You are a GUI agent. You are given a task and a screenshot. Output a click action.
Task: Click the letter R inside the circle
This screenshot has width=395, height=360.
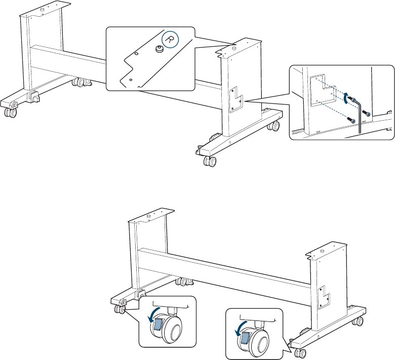[170, 40]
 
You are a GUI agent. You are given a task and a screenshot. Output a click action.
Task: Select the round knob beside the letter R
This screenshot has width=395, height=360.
[159, 49]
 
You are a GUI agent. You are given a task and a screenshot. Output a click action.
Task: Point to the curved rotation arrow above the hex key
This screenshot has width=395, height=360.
[346, 98]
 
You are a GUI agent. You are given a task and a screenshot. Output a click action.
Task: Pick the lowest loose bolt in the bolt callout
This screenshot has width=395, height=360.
[351, 120]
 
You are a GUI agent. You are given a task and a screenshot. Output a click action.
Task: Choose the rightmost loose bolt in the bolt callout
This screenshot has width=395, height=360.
[366, 113]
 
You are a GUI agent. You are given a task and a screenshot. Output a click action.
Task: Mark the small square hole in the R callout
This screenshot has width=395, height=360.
[136, 53]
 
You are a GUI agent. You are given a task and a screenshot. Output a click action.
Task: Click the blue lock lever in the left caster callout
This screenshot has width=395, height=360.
[157, 324]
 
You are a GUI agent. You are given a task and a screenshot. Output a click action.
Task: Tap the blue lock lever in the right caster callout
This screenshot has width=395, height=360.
[245, 338]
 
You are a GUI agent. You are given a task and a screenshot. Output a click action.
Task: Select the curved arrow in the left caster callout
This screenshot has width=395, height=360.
[153, 314]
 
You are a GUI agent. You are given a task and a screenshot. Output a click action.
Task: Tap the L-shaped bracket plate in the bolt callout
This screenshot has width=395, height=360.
[323, 91]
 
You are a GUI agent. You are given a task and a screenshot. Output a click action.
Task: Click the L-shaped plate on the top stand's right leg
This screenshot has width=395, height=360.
[236, 99]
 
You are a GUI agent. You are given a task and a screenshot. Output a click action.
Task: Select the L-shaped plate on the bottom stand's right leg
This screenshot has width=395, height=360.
[324, 298]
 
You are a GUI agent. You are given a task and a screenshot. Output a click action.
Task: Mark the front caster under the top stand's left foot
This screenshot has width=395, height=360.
[11, 112]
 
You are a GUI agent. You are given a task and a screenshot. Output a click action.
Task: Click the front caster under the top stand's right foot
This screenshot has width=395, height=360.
[210, 161]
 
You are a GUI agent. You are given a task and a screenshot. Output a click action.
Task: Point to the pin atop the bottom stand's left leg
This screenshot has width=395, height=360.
[148, 216]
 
